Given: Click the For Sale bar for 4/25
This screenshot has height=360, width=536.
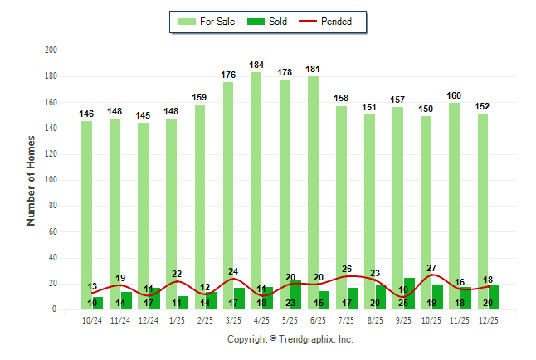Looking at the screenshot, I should [x=256, y=191].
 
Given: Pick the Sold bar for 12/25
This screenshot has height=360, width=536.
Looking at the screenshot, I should [x=494, y=297].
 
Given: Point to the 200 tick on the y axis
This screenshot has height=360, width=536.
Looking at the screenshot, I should [x=51, y=51].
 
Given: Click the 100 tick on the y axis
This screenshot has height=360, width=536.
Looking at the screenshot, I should [x=51, y=180].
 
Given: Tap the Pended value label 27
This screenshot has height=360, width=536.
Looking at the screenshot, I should [x=431, y=268].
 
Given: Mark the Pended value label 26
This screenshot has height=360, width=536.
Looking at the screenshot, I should [x=347, y=269].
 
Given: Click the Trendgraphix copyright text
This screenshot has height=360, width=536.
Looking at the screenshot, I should [x=290, y=339].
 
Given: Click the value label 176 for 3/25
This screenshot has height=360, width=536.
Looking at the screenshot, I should [x=229, y=75].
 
